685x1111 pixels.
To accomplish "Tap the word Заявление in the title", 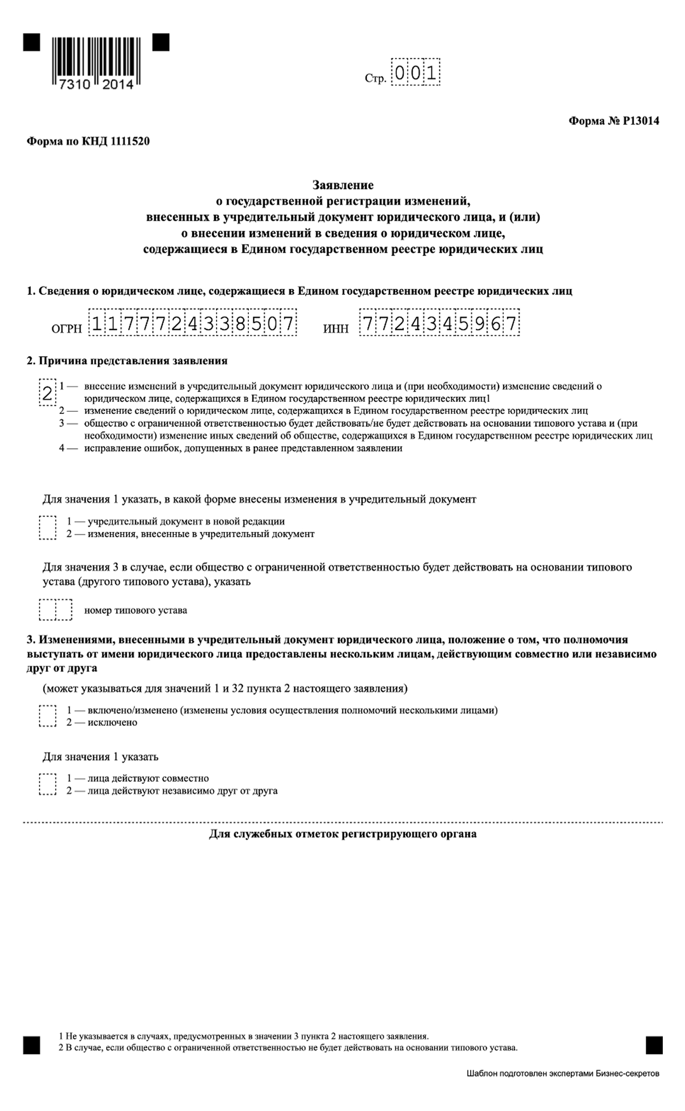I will click(x=342, y=185).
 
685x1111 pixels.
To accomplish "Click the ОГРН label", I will click(x=66, y=329).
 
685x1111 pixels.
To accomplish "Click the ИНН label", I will click(x=335, y=329).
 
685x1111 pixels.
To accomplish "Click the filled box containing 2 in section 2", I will click(x=47, y=393).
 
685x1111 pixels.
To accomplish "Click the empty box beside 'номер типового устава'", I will click(x=55, y=610).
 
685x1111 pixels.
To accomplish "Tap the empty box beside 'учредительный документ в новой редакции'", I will click(x=47, y=528).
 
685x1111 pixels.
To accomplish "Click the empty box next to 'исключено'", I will click(x=47, y=716).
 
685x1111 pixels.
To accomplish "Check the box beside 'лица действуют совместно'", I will click(x=47, y=784).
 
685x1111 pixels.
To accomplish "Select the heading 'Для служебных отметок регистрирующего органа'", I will click(x=342, y=834).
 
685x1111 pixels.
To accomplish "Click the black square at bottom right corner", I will click(x=654, y=1045).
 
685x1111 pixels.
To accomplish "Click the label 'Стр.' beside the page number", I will click(x=375, y=79).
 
